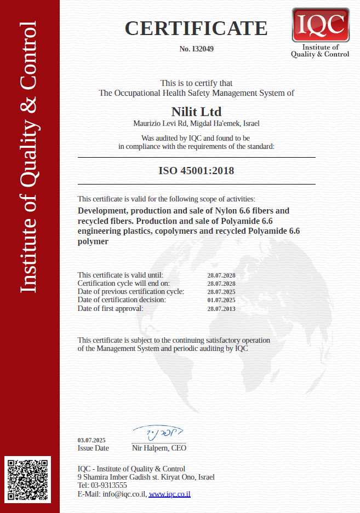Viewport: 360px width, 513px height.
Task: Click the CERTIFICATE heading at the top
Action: tap(196, 28)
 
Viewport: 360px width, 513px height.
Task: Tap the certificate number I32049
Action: tap(196, 49)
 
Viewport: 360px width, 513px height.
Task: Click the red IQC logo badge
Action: tap(321, 25)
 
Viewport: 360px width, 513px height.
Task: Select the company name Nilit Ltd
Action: tap(196, 112)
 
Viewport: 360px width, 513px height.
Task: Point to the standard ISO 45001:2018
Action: tap(196, 171)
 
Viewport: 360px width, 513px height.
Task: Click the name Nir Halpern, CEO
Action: tap(159, 448)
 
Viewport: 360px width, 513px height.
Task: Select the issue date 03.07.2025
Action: tap(92, 440)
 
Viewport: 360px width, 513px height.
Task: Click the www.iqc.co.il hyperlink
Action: tap(169, 494)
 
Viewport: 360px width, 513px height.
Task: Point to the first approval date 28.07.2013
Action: tap(221, 309)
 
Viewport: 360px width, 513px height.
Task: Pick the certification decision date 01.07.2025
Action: tap(221, 300)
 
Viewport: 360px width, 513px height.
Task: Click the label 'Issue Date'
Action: tap(93, 448)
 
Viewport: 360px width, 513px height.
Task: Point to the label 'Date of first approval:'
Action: tap(110, 308)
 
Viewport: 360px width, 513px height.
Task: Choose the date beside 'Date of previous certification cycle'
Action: tap(221, 292)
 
